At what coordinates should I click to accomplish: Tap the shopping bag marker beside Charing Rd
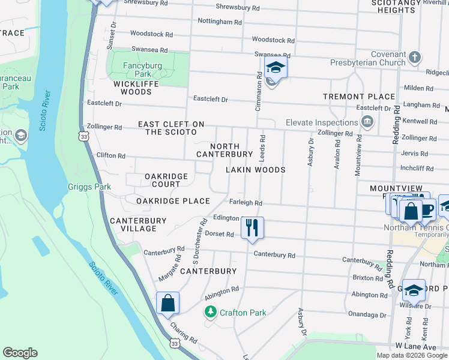tap(168, 303)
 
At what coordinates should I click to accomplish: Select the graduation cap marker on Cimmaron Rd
tap(276, 68)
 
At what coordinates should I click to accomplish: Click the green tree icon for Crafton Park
tap(210, 311)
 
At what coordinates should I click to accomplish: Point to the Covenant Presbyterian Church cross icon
tap(414, 58)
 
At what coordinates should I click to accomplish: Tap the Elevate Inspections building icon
tap(367, 122)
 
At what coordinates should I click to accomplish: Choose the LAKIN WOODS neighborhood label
tap(255, 170)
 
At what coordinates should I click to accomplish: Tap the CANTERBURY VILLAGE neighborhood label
tap(138, 224)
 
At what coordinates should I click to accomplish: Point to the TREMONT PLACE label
tap(359, 97)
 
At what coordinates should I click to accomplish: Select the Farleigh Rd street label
tap(245, 203)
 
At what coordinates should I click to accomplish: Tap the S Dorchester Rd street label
tap(196, 247)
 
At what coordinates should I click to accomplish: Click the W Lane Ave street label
tap(415, 347)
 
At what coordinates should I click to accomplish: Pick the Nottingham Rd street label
tap(220, 22)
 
